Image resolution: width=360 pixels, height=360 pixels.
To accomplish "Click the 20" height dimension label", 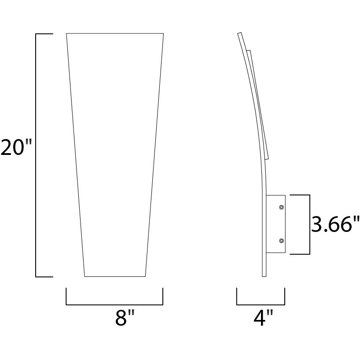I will pos(17,147).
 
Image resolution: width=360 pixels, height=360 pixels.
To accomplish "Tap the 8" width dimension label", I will pos(124,317).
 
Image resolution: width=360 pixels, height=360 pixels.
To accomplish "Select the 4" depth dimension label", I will pos(263,317).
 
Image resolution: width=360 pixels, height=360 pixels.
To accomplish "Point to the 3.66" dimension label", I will pos(333,225).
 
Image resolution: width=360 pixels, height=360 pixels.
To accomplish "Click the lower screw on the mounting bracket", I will pos(281,240).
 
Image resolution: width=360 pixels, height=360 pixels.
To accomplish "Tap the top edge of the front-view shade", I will pos(115,33).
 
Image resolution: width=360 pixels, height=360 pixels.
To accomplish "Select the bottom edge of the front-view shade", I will pos(115,276).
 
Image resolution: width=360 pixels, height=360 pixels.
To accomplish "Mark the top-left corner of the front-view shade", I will pos(66,33).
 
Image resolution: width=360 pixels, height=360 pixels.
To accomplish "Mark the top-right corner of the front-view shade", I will pos(164,33).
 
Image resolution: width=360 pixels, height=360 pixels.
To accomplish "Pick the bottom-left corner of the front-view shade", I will pos(84,276).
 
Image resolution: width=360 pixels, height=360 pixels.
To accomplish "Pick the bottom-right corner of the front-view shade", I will pos(145,276).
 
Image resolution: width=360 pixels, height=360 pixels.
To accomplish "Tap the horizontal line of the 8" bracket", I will pos(114,304).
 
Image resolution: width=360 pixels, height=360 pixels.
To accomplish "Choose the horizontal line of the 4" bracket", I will pos(261,304).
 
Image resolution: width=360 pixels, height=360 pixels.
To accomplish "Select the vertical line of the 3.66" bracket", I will pos(309,224).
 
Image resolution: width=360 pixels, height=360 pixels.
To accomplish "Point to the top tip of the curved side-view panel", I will pos(239,33).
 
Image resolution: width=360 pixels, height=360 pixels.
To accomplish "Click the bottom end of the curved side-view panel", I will pos(264,276).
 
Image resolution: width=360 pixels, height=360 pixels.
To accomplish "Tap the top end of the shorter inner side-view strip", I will pos(249,51).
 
